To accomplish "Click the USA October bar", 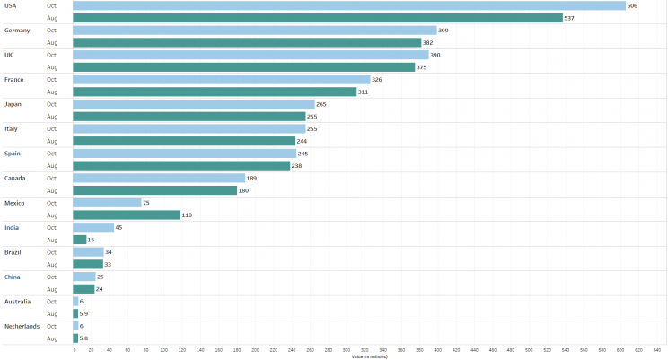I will [348, 5].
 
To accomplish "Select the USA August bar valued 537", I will [317, 18].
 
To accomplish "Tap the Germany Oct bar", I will [254, 31].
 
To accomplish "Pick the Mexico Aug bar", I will [127, 215].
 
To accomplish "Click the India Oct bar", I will [93, 228].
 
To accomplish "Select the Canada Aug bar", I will [154, 190].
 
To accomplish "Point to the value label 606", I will [633, 5].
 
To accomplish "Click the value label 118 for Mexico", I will [189, 215].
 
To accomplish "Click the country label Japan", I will [13, 104].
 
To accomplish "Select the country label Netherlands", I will [22, 326].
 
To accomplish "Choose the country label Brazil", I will [13, 252].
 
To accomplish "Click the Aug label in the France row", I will [52, 92].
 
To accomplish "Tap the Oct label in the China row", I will [52, 277].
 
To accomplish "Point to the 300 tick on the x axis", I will [347, 350].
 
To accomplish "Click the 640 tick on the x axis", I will [657, 350].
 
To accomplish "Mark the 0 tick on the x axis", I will [74, 350].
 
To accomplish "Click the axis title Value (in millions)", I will [367, 356].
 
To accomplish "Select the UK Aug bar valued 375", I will [243, 67].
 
